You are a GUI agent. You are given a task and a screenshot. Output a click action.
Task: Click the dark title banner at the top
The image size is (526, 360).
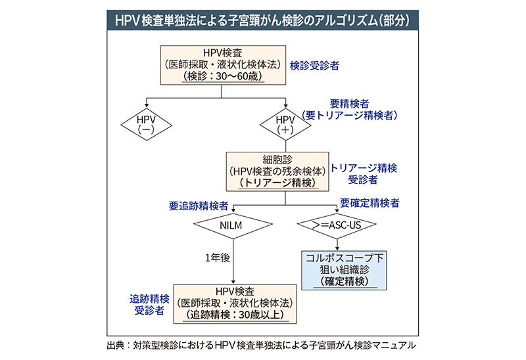point(263,20)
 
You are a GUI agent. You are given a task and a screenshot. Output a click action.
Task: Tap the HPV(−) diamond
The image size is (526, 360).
point(146,124)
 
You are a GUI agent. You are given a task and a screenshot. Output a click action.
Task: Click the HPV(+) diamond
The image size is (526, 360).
point(286,124)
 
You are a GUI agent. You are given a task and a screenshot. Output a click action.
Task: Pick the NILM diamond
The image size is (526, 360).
point(233,225)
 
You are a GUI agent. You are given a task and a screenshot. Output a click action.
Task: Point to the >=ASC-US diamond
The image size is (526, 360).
point(337,225)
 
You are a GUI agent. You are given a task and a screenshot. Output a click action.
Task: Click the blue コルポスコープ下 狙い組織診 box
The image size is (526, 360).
point(345,270)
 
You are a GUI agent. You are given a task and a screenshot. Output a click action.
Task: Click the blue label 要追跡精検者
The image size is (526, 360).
point(198,205)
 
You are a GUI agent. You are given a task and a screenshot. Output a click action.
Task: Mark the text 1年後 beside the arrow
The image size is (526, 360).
point(216,258)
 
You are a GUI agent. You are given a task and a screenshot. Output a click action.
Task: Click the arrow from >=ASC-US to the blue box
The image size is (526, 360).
point(337,243)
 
